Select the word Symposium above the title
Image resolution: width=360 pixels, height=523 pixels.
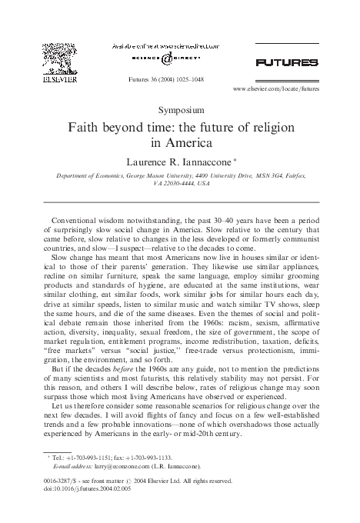[178, 110]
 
